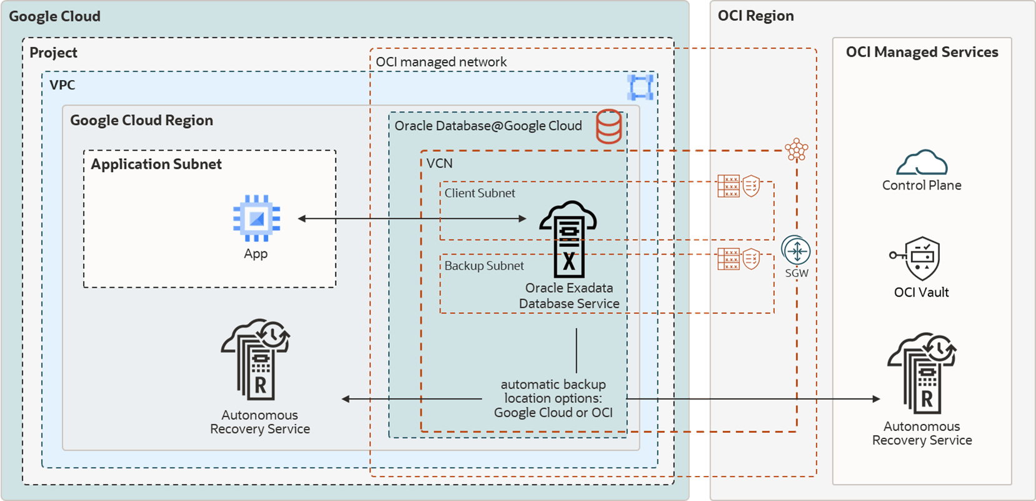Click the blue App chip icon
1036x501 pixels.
click(256, 218)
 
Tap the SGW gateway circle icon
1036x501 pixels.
click(796, 251)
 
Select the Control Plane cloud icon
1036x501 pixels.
click(922, 163)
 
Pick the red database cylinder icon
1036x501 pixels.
click(609, 126)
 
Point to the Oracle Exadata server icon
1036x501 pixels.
click(569, 240)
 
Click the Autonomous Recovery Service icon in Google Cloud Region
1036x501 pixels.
click(256, 360)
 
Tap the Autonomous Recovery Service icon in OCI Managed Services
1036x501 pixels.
click(922, 373)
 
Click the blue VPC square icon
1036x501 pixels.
click(640, 87)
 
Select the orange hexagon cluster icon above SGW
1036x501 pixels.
click(796, 149)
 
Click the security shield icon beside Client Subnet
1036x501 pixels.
click(752, 186)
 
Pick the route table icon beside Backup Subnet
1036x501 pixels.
click(728, 259)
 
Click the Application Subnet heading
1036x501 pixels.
click(156, 164)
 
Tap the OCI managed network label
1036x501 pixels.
click(441, 62)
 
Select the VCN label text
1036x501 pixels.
click(439, 163)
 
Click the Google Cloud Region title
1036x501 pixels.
click(141, 120)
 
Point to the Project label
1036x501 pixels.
click(53, 53)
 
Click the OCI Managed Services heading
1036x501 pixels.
click(922, 52)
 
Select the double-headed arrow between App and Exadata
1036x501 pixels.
click(412, 218)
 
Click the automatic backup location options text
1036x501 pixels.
click(553, 398)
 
